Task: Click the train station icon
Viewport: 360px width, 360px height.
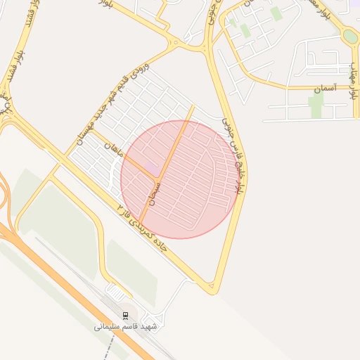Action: [x=125, y=314]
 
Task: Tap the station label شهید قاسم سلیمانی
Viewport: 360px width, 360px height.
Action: [x=127, y=327]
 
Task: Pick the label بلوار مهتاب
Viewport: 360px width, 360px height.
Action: [x=352, y=78]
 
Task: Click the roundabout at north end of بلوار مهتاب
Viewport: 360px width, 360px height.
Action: [x=350, y=35]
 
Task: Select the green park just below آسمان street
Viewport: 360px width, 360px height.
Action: [x=316, y=105]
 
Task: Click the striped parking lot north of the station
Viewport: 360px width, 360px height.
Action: [x=115, y=290]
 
